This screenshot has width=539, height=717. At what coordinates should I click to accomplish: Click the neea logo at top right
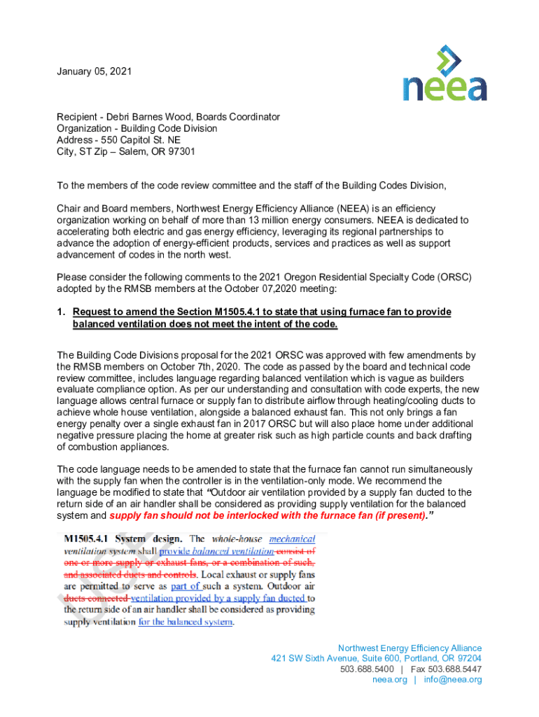click(444, 74)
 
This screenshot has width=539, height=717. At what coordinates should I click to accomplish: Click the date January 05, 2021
click(94, 72)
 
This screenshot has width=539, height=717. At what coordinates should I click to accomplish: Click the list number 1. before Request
click(61, 312)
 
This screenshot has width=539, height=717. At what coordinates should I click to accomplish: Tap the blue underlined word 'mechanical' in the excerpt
click(292, 539)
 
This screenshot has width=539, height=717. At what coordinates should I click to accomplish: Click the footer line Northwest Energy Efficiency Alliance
click(409, 648)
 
